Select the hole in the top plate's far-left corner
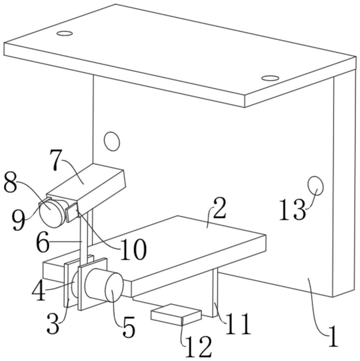pos(65,34)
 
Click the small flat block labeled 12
pos(176,314)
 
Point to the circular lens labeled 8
pos(52,214)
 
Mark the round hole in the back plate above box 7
pos(111,141)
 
